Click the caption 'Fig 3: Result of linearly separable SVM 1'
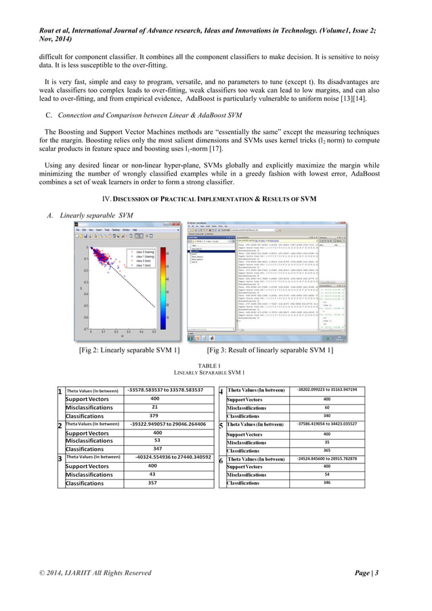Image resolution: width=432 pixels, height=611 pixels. coord(269,350)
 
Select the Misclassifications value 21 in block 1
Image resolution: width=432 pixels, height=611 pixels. coord(155,407)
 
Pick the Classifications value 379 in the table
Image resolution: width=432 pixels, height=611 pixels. coord(155,416)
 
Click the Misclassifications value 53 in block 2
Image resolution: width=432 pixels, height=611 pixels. coord(157,440)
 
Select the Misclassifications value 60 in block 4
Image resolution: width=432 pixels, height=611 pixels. coord(327,408)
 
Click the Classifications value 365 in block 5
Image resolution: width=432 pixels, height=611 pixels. coord(327,450)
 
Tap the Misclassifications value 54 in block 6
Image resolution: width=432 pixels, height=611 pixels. coord(327,475)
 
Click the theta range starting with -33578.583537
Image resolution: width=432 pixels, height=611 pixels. coord(165,390)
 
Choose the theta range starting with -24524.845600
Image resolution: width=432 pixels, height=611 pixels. coord(327,459)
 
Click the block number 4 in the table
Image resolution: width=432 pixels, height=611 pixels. coord(222,392)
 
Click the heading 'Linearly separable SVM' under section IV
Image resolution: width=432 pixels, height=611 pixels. coord(91,215)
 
